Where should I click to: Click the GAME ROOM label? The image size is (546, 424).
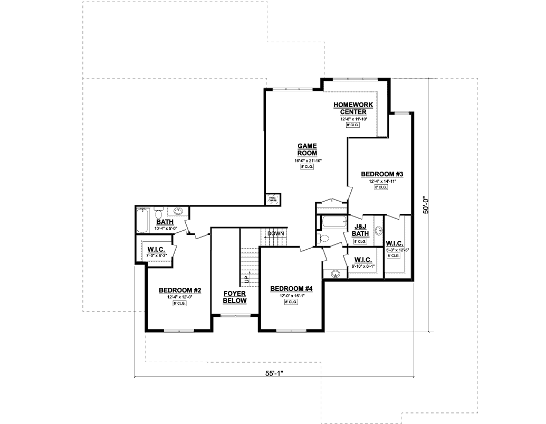tap(307, 149)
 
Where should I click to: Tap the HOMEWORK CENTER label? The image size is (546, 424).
tap(353, 108)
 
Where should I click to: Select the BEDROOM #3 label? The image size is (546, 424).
tap(382, 174)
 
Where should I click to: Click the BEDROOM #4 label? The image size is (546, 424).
tap(291, 289)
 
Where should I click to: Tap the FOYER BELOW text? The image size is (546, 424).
tap(235, 297)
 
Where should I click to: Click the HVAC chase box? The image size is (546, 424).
tap(272, 199)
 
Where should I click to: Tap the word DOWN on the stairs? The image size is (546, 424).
tap(275, 233)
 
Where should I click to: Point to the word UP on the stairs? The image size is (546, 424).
tap(246, 277)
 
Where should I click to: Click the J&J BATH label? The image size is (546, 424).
tap(360, 231)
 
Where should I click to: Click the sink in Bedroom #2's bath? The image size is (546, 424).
tap(179, 212)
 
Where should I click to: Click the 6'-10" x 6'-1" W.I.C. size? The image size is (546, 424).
tap(363, 266)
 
